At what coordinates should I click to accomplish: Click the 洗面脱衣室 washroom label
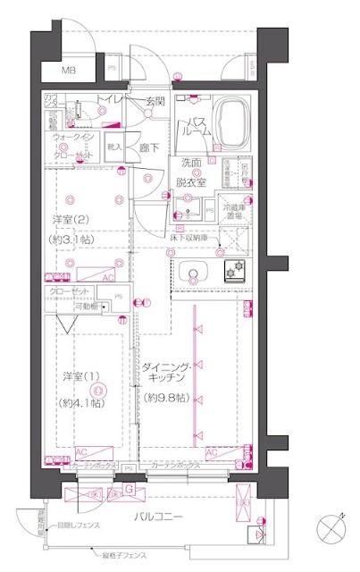(x=192, y=171)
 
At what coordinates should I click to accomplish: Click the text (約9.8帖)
(x=168, y=397)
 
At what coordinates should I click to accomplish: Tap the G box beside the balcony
(x=130, y=489)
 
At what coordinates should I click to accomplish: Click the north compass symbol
(x=331, y=527)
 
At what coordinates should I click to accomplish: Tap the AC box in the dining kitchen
(x=212, y=453)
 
